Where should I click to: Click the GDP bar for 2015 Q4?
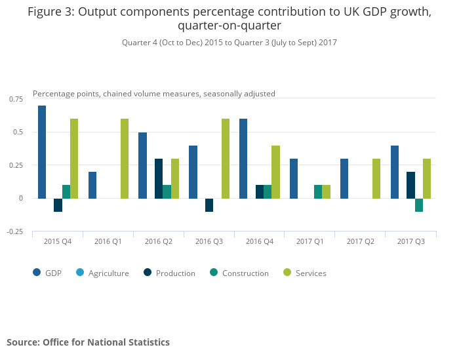click(42, 151)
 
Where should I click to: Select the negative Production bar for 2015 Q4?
click(58, 205)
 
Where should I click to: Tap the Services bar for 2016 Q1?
click(125, 158)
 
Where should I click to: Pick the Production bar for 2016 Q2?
click(159, 178)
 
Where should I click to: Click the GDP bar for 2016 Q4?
click(243, 158)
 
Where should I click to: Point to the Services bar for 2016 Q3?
click(226, 158)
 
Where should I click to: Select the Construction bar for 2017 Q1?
click(318, 191)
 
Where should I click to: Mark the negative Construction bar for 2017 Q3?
click(419, 205)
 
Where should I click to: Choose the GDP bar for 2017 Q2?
click(344, 178)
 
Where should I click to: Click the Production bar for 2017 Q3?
click(410, 185)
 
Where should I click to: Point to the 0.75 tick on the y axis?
click(15, 99)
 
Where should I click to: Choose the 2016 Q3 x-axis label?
click(209, 241)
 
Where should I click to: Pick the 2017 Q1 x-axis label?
click(309, 241)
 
